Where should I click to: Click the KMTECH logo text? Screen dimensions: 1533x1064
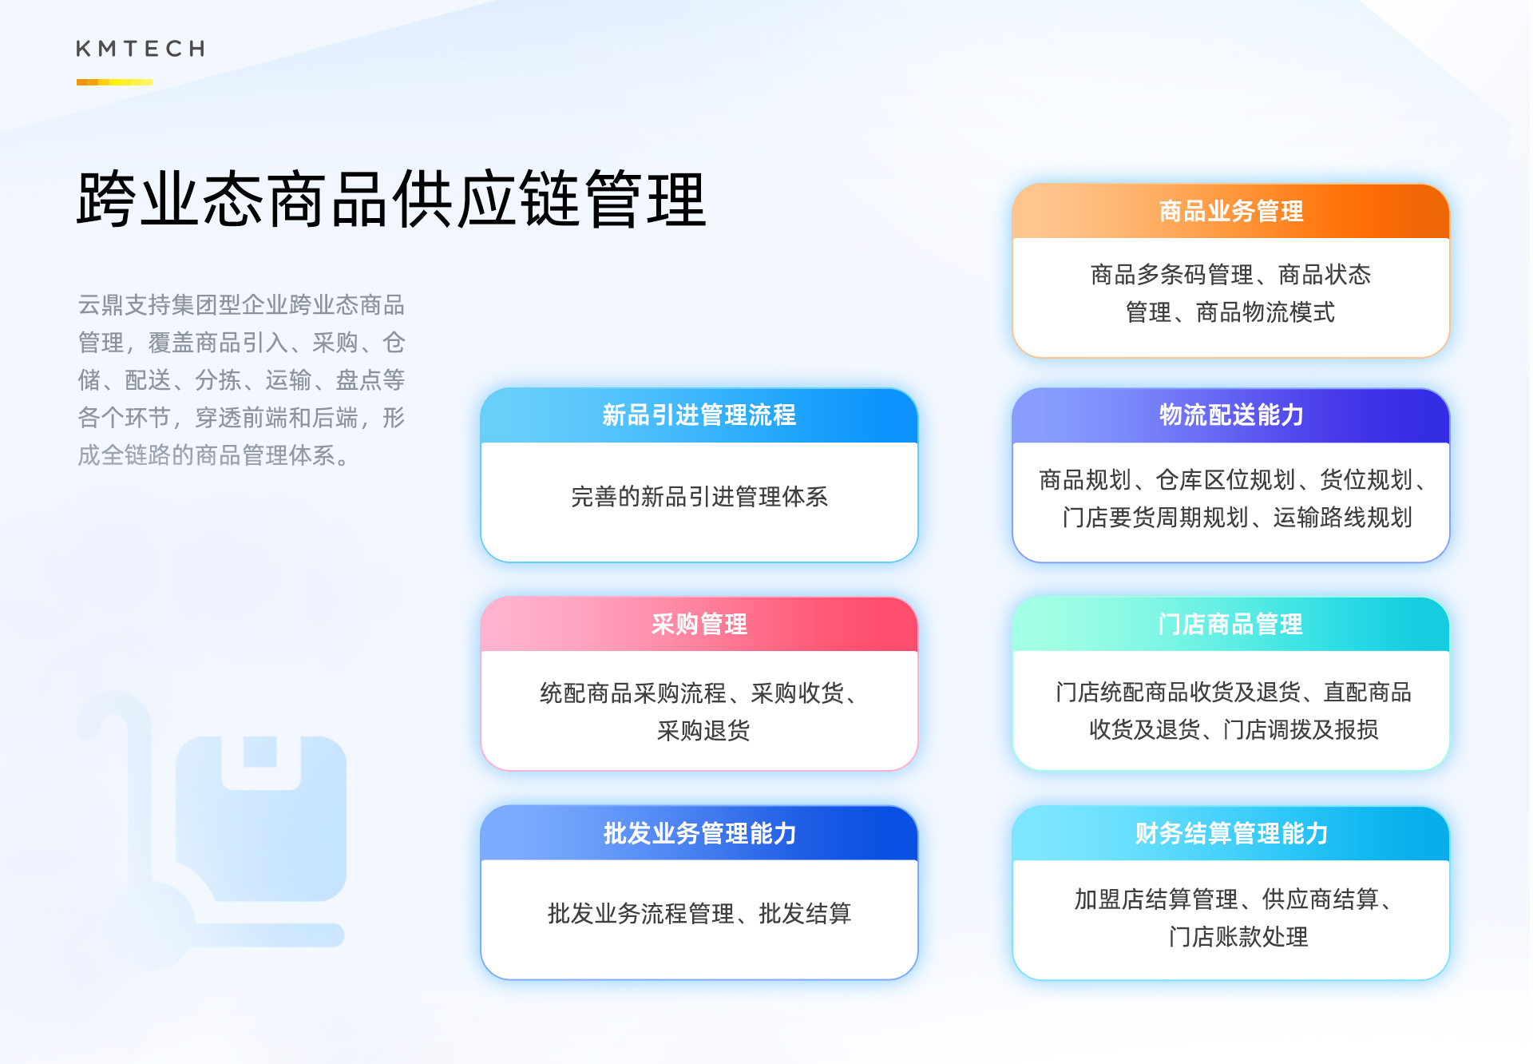point(141,49)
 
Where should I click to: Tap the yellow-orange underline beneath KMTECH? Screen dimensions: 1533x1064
point(114,82)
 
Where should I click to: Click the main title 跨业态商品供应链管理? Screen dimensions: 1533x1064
point(391,200)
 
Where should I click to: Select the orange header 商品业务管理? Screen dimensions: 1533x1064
point(1230,212)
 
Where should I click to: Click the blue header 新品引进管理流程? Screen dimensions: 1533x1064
point(699,415)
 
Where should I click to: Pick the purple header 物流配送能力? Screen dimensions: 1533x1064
point(1230,415)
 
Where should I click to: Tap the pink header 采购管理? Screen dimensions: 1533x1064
point(699,624)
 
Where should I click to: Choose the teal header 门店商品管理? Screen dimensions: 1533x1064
point(1230,624)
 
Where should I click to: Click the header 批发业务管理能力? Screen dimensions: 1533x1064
point(699,833)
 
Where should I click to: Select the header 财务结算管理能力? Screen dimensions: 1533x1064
point(1230,833)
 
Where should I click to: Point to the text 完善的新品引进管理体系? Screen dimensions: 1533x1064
point(699,497)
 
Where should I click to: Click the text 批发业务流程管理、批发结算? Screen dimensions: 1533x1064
point(699,913)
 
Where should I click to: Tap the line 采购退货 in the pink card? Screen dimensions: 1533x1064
point(703,730)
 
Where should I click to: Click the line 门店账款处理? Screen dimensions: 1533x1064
point(1238,936)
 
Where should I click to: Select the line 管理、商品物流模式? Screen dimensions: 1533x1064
point(1230,312)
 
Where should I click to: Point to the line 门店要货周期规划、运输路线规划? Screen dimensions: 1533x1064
point(1237,518)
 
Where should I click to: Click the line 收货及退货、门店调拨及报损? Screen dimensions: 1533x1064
point(1234,729)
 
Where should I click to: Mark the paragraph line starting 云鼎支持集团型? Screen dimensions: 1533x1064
point(241,305)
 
